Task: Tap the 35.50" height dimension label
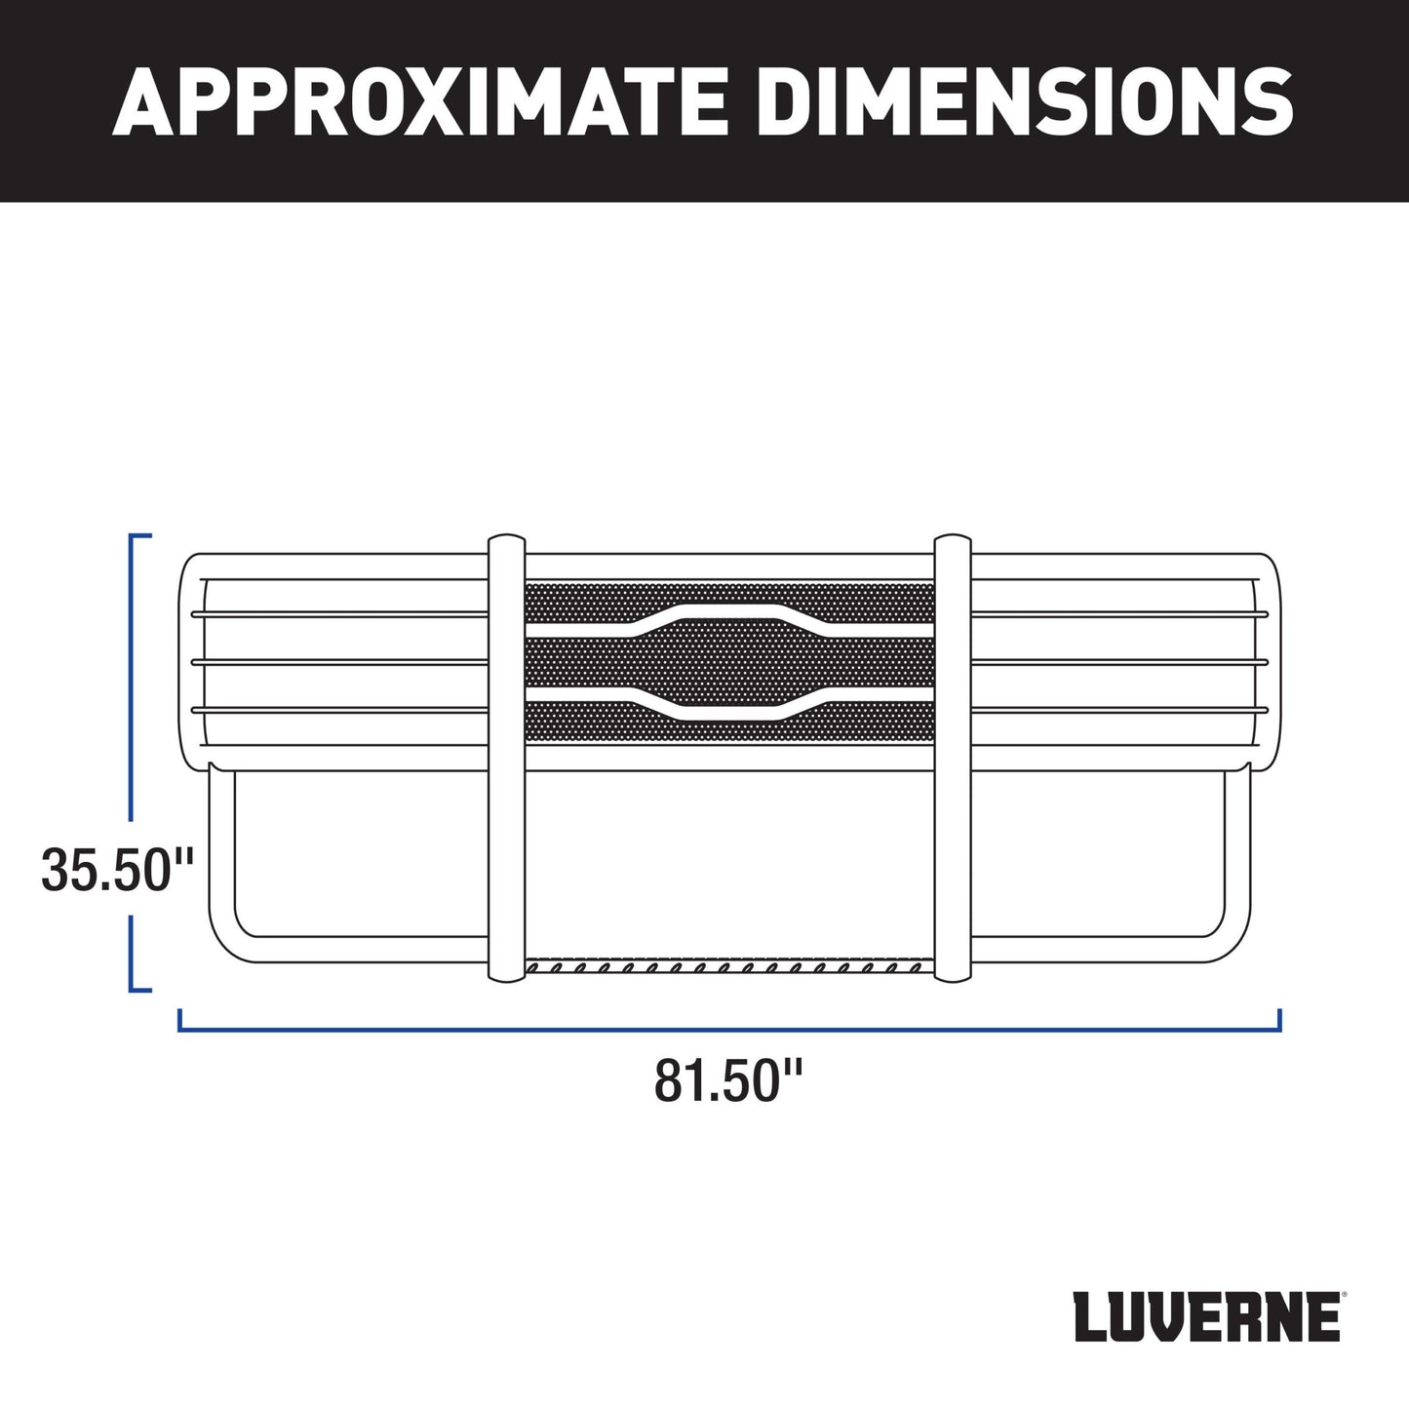(x=118, y=871)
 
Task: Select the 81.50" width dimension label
(x=728, y=1080)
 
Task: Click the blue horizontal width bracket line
(x=728, y=1028)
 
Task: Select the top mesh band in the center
(x=585, y=603)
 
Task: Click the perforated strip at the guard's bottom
(x=728, y=968)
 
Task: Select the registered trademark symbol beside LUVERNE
(x=1345, y=1297)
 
